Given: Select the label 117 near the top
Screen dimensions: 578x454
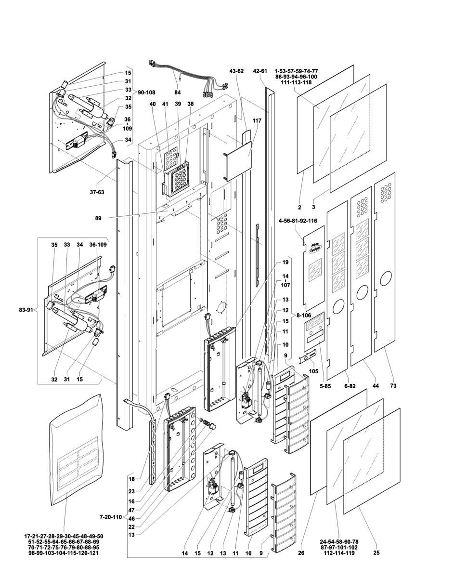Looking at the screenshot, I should (x=256, y=120).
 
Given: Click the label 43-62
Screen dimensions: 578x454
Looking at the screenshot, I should (x=236, y=71).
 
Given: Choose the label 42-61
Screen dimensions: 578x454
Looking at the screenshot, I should (x=259, y=71).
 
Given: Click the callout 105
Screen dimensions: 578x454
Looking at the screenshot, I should (x=314, y=371).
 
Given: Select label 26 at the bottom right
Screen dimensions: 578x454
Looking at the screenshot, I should (x=301, y=553).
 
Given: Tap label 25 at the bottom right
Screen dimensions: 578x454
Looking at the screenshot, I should (x=376, y=553).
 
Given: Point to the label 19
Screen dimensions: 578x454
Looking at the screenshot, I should (x=285, y=262).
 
